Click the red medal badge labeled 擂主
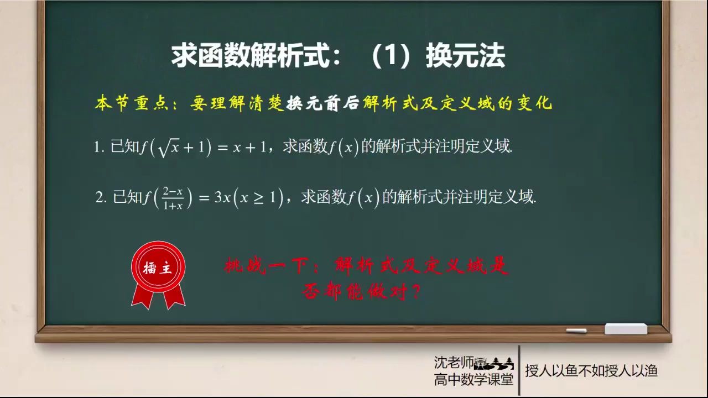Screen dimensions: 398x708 (158, 269)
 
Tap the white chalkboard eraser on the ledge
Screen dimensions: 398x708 (626, 329)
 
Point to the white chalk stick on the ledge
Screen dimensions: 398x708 (576, 331)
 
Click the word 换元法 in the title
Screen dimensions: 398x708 (465, 57)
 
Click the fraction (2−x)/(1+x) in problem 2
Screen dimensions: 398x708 (173, 198)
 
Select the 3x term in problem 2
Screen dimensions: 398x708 (222, 197)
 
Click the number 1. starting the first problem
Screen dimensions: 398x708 (99, 148)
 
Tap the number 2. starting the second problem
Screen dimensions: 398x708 (101, 198)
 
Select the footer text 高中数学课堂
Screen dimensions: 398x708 (473, 379)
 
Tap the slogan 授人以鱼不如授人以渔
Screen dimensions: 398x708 (591, 370)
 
